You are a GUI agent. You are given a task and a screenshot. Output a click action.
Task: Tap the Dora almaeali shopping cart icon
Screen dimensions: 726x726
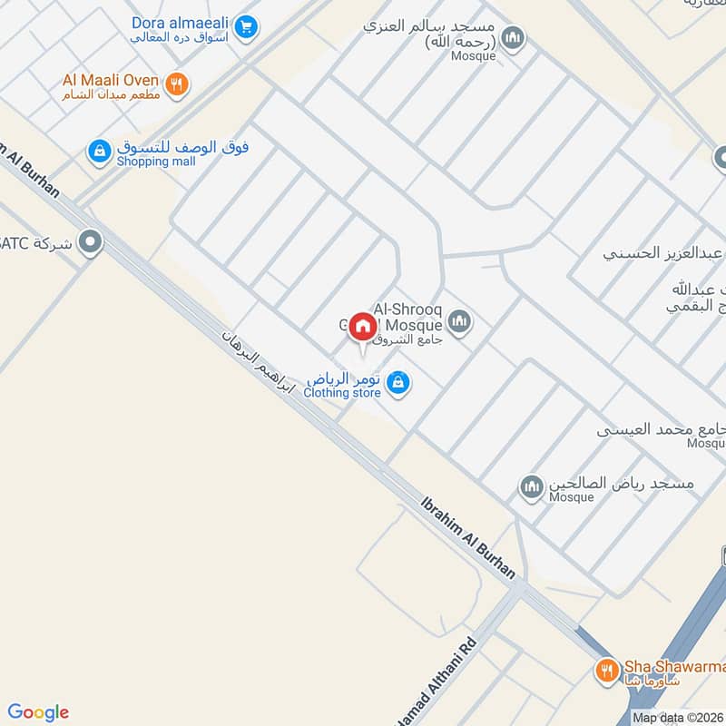[245, 29]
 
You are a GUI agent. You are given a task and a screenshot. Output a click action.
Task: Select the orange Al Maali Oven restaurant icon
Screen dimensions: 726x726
[178, 84]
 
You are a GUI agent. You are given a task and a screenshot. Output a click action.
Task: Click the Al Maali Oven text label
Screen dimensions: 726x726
[111, 81]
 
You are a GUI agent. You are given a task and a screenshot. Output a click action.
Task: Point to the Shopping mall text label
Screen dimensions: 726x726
[155, 162]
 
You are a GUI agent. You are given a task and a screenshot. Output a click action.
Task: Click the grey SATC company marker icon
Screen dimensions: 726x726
[90, 242]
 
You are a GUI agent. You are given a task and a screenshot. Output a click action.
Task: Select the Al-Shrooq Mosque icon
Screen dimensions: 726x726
[460, 321]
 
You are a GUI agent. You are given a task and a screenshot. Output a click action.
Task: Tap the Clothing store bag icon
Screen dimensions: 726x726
[397, 384]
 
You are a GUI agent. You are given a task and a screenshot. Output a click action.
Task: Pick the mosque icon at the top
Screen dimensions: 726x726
[514, 37]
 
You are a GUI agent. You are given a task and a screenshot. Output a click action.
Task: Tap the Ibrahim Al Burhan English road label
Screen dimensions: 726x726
[469, 537]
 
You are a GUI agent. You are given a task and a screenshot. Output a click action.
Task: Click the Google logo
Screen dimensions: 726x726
[38, 712]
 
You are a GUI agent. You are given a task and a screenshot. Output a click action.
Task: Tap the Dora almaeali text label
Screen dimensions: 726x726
[181, 23]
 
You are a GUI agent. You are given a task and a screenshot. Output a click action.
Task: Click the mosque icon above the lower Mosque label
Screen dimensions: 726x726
[532, 487]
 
